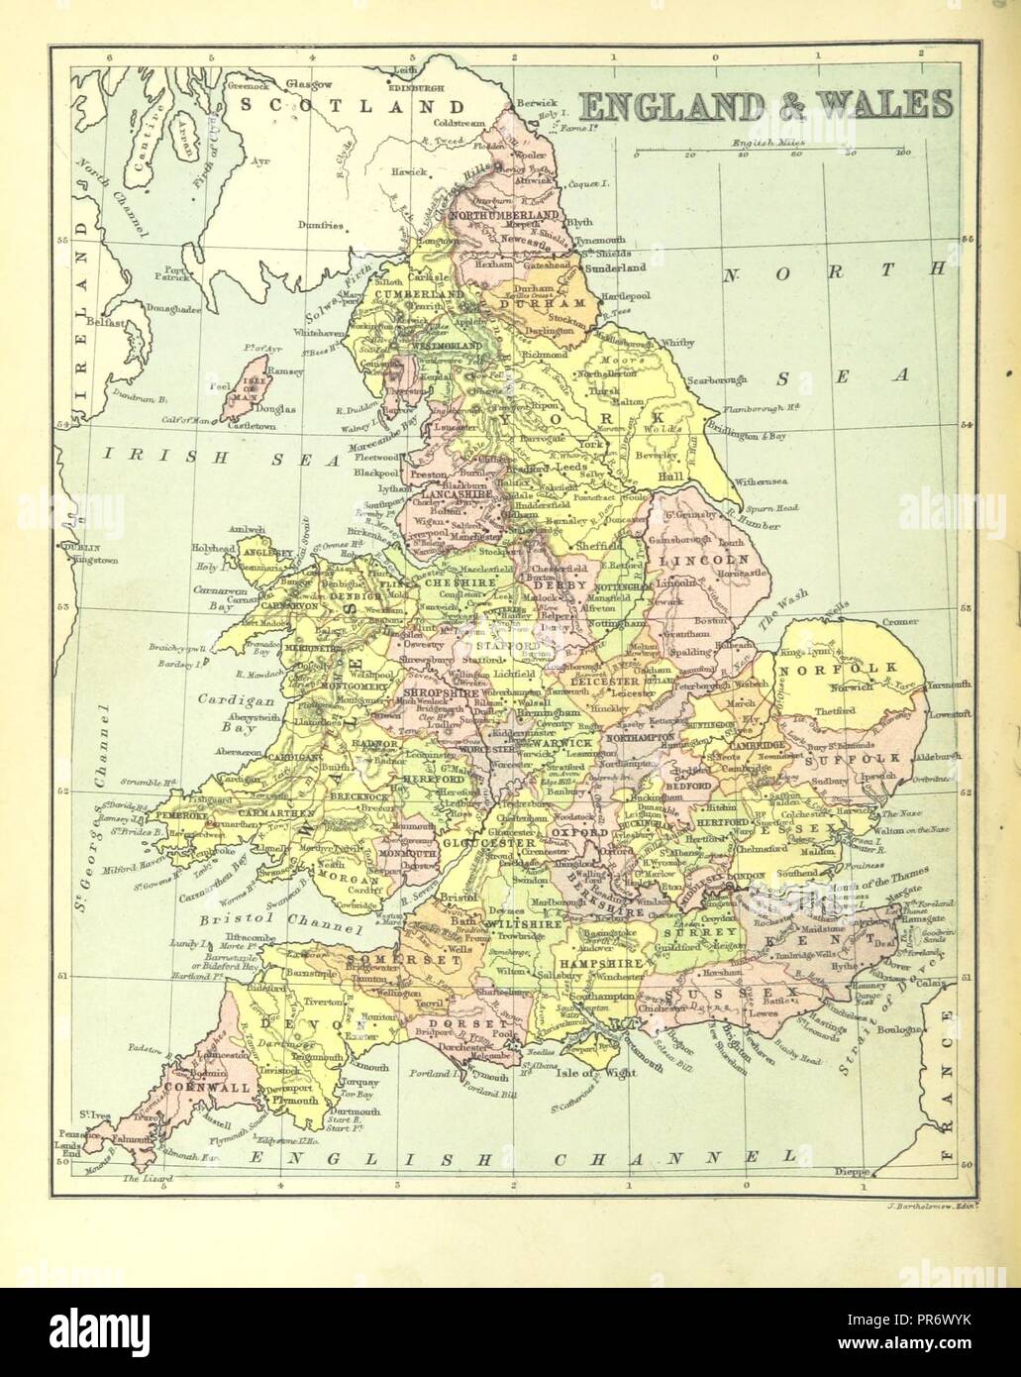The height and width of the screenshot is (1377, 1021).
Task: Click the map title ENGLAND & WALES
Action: pos(765,103)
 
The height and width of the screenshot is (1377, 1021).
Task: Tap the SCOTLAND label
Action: pos(357,106)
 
